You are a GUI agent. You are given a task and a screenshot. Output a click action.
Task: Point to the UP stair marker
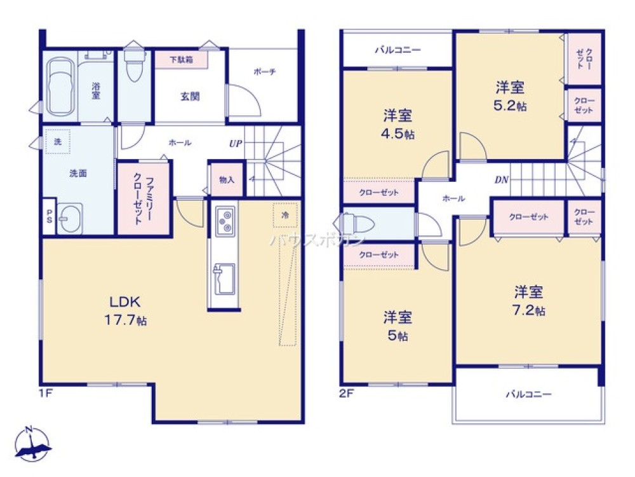(236, 144)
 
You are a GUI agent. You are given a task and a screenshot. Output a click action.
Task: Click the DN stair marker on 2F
(501, 180)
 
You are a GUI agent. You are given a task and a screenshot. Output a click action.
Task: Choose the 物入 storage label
(227, 180)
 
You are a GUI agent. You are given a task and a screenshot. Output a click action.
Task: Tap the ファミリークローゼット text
(142, 198)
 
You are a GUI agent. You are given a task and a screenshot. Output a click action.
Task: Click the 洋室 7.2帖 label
(529, 301)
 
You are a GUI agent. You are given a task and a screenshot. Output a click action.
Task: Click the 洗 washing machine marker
(58, 141)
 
